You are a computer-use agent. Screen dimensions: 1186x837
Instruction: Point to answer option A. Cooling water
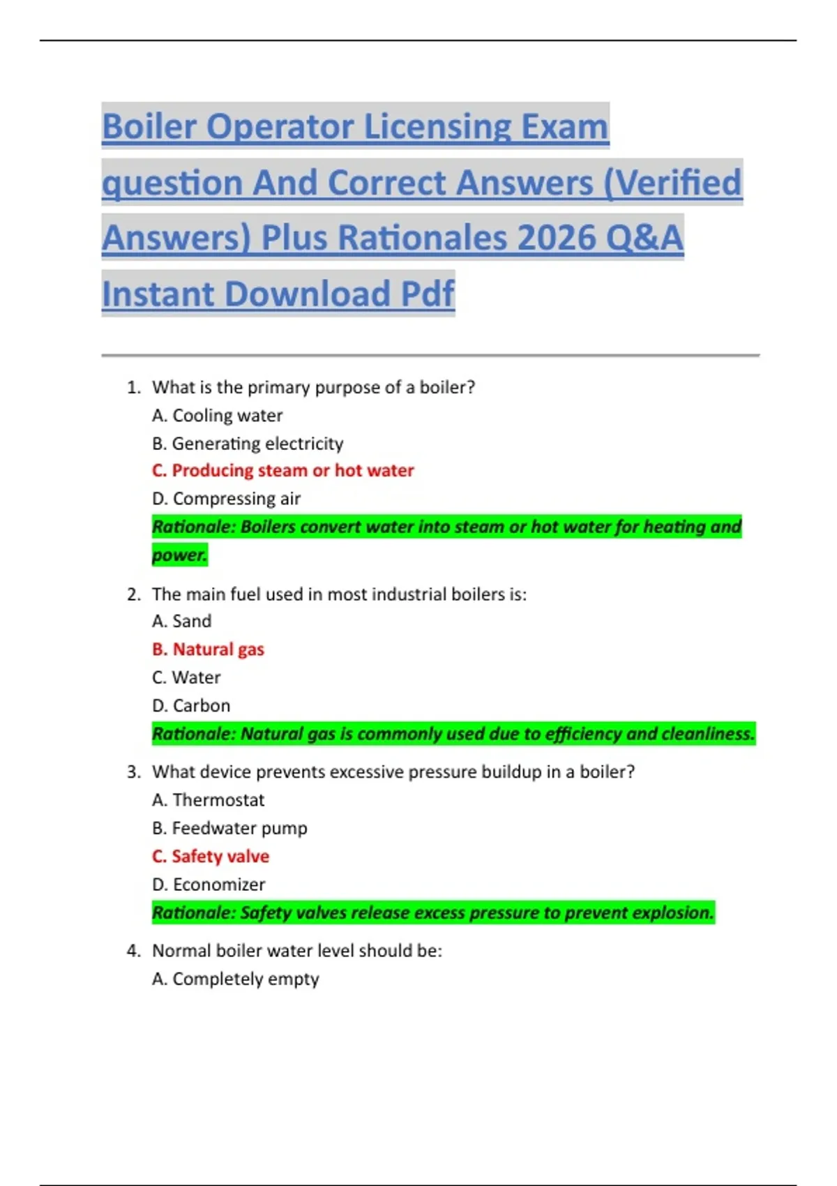pos(217,416)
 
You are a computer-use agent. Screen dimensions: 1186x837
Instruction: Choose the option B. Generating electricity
pos(248,444)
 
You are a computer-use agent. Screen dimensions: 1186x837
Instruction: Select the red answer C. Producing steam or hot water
pos(282,471)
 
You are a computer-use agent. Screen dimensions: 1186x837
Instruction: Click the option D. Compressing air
pos(226,499)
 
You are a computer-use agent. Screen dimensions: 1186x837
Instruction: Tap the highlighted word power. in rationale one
pos(179,555)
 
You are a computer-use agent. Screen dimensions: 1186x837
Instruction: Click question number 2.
pos(134,594)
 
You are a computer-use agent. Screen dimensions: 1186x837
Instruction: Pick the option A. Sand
pos(181,622)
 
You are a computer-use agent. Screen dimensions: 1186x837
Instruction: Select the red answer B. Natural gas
pos(208,650)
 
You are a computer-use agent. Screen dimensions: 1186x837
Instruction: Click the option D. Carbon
pos(191,706)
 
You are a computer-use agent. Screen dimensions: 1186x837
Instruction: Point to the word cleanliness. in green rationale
pos(707,734)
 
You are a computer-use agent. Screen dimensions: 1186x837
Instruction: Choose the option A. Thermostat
pos(208,800)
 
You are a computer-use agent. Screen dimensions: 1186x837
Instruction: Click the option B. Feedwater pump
pos(229,828)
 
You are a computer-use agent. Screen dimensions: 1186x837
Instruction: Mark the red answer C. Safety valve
pos(210,857)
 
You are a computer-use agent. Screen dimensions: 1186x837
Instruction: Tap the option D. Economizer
pos(209,885)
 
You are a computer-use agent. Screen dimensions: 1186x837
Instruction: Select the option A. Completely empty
pos(235,979)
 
